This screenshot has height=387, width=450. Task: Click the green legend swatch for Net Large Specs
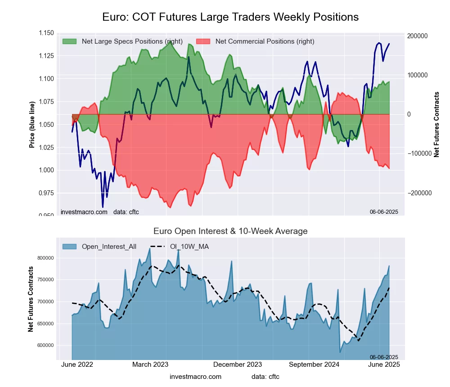point(69,41)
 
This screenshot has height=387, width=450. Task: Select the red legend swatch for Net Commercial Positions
point(203,41)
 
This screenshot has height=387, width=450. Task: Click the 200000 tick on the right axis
point(418,36)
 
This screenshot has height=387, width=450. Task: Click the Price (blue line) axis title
point(32,124)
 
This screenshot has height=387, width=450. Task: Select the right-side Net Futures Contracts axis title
point(436,124)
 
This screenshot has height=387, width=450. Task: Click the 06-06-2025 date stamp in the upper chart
point(384,211)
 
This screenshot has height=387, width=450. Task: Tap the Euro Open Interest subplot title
point(230,231)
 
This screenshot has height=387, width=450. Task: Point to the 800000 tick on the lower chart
point(45,258)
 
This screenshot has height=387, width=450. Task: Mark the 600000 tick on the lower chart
point(45,346)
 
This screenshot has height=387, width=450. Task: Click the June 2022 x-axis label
point(77,364)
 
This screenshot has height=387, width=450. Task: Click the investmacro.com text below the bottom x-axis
point(196,376)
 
